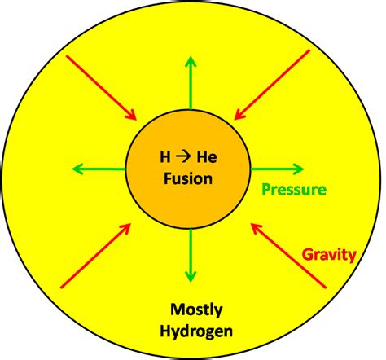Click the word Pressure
click(294, 190)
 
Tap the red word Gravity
click(329, 255)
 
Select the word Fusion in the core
click(188, 178)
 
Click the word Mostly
click(196, 310)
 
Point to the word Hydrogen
click(196, 331)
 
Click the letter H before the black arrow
click(165, 157)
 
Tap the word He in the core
click(207, 157)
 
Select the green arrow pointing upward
click(191, 82)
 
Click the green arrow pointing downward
click(191, 256)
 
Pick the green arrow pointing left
click(99, 169)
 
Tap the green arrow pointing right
click(277, 169)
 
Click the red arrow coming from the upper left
click(101, 87)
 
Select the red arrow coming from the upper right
click(272, 85)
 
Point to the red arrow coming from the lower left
click(96, 256)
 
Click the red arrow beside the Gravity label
click(288, 256)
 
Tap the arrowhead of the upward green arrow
click(191, 61)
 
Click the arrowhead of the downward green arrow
click(191, 277)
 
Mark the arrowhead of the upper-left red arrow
click(131, 115)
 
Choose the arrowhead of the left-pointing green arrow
click(77, 169)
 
